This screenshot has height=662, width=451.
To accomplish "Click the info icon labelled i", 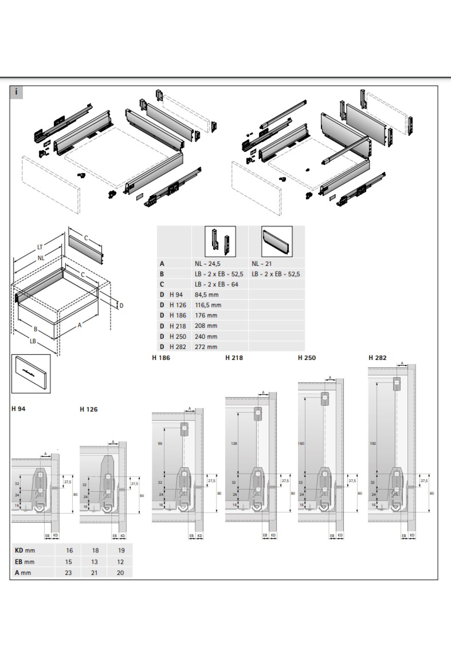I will click(16, 92).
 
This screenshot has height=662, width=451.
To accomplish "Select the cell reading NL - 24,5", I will click(207, 264).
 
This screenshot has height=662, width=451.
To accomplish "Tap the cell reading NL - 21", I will click(262, 264).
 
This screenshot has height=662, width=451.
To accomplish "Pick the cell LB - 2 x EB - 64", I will click(216, 284).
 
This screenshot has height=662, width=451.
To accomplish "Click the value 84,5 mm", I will click(206, 295).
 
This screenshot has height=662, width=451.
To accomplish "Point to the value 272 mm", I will click(206, 347).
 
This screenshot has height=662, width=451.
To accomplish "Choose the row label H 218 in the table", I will click(177, 326).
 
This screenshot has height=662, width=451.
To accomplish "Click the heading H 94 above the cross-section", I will click(18, 409).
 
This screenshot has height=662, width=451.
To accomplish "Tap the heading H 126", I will click(89, 409).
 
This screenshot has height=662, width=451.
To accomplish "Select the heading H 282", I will click(377, 358).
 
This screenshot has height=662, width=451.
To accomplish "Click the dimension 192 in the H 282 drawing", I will click(372, 444).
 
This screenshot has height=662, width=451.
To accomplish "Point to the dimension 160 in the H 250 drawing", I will click(301, 444).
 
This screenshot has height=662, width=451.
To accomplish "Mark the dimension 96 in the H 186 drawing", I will click(160, 444).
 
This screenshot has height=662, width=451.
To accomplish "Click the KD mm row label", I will click(25, 550).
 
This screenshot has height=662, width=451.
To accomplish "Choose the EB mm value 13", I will click(94, 562).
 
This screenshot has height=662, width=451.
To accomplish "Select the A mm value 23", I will click(68, 572).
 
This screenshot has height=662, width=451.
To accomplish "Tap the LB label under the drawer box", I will click(33, 341).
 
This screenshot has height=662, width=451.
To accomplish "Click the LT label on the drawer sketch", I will click(40, 247).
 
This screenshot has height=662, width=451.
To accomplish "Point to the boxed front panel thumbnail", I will click(31, 374).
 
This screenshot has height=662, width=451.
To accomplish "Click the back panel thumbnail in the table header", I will click(277, 241).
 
